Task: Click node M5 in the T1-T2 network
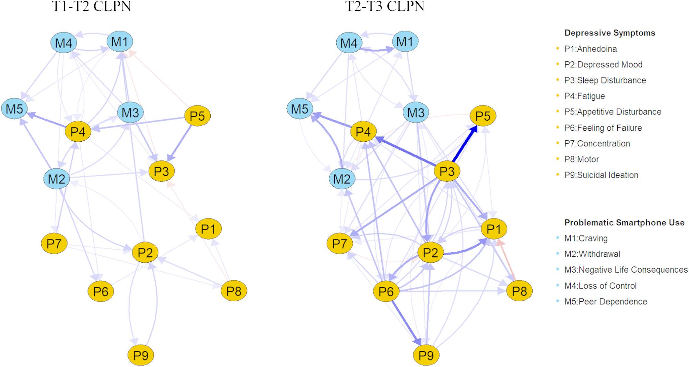(14, 109)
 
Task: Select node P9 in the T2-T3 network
(426, 355)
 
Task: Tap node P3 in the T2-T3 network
(447, 171)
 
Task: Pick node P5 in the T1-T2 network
(197, 116)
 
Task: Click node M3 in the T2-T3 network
(416, 112)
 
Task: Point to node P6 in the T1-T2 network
(101, 291)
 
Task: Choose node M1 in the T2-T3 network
(405, 42)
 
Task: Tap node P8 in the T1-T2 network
(234, 291)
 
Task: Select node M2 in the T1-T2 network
(57, 179)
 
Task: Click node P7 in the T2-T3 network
(340, 244)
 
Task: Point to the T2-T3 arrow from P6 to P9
(406, 323)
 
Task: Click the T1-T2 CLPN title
(91, 7)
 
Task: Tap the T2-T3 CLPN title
(385, 7)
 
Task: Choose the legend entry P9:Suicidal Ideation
(601, 175)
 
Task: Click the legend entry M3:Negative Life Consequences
(626, 270)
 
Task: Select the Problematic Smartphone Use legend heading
(624, 223)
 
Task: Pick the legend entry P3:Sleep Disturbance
(605, 80)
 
